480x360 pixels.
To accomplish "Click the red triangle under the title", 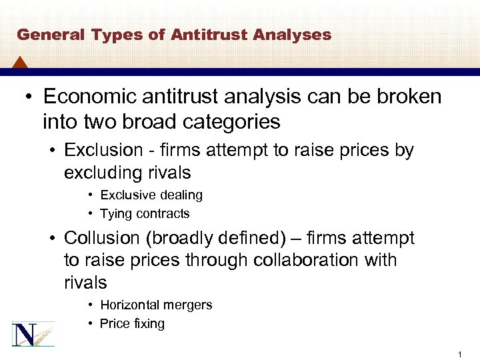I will [20, 64].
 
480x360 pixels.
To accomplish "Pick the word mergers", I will [189, 305].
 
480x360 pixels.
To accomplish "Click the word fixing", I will [149, 324].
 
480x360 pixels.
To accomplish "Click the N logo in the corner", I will [33, 333].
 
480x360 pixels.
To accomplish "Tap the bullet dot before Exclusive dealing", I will [90, 195].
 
